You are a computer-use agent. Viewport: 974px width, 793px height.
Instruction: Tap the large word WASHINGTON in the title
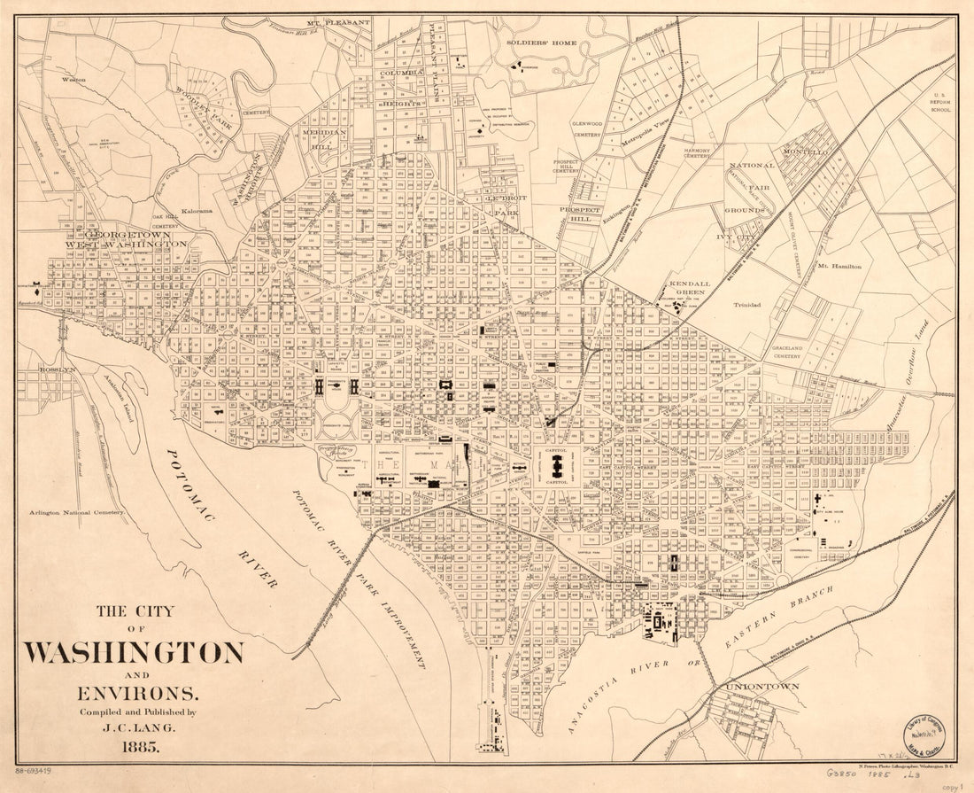(133, 654)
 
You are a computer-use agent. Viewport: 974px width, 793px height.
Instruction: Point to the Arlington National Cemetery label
(75, 512)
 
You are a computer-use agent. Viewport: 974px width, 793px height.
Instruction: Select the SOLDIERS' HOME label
(541, 43)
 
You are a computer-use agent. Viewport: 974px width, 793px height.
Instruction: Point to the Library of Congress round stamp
(921, 734)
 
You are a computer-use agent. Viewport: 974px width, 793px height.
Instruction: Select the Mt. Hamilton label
(839, 266)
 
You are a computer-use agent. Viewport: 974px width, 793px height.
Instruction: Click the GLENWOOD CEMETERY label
(587, 129)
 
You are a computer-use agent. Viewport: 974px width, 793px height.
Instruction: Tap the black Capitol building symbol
(556, 466)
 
